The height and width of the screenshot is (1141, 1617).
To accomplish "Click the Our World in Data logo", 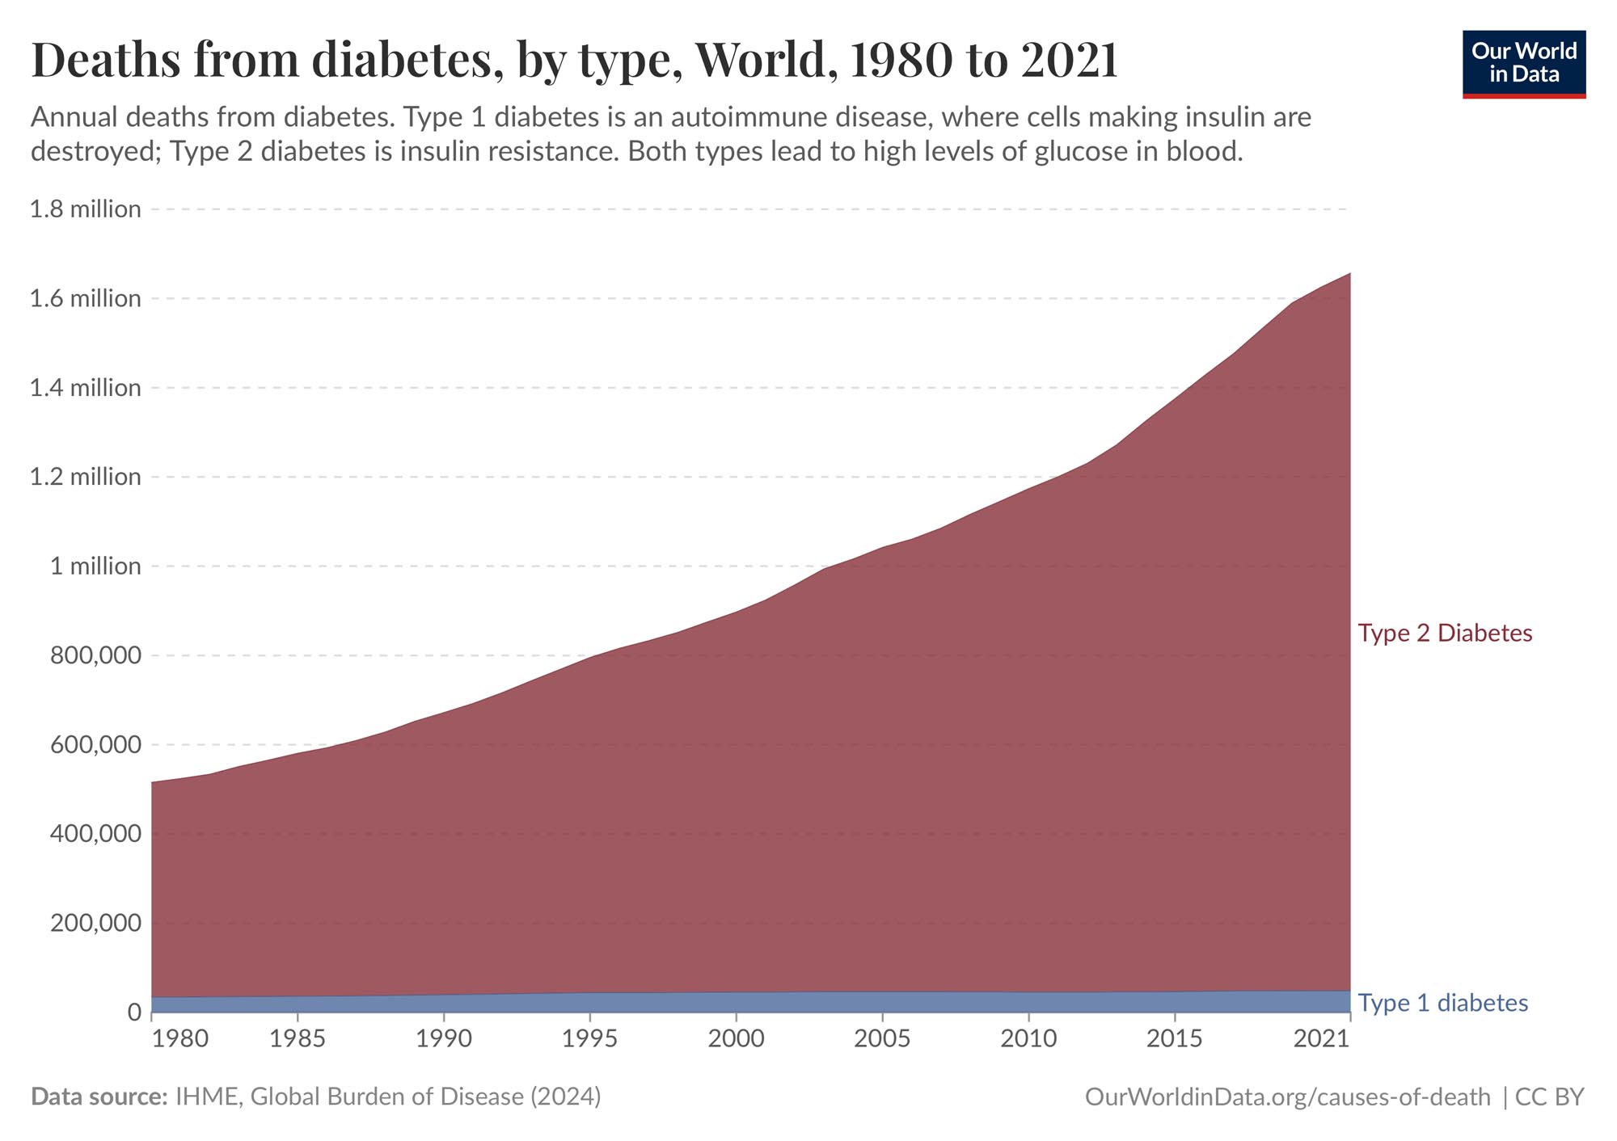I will (1523, 64).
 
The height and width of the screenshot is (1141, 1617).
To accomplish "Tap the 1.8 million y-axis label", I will (85, 209).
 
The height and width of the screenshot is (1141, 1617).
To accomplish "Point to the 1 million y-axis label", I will (95, 566).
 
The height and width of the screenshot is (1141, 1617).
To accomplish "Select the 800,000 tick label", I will (95, 655).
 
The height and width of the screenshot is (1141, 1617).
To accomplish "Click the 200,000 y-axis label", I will (95, 923).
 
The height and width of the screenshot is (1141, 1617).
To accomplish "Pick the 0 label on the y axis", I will (133, 1012).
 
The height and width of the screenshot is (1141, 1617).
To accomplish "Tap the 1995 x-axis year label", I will (590, 1038).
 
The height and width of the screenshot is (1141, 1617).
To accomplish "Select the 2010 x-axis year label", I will (1028, 1038).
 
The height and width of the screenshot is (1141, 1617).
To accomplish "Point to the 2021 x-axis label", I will (1321, 1038).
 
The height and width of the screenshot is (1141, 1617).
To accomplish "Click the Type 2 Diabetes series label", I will (1445, 633).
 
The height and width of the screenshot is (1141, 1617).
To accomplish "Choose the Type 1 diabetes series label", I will (1442, 1003).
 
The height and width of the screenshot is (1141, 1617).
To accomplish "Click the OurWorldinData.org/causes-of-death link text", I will (1287, 1097).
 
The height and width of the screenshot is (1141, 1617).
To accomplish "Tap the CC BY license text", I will (1549, 1097).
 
